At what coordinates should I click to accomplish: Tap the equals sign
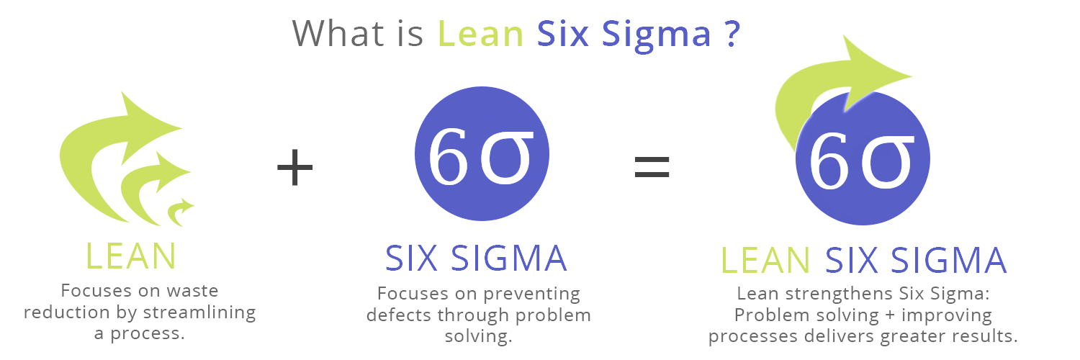click(652, 166)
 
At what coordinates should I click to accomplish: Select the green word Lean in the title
click(480, 33)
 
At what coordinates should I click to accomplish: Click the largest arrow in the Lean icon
click(108, 137)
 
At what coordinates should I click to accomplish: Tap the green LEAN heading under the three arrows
click(131, 256)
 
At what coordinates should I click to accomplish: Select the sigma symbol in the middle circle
click(508, 158)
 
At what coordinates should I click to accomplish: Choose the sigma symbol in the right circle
click(888, 162)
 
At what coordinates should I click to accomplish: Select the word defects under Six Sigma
click(396, 315)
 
